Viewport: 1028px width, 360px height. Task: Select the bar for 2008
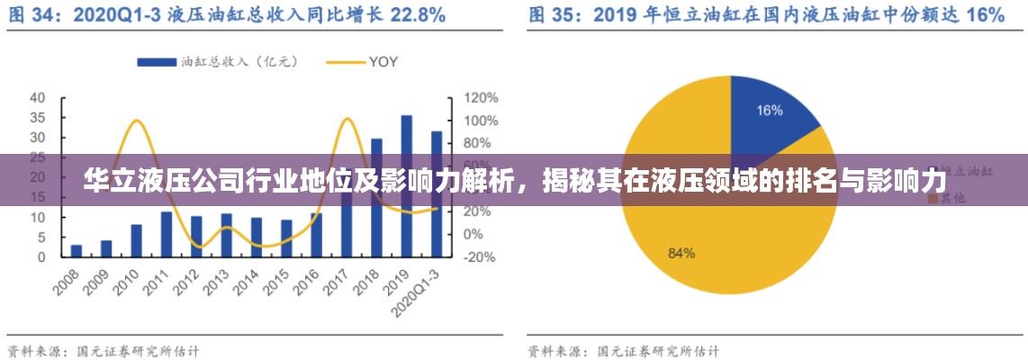point(77,250)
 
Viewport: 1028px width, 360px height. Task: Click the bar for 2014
point(257,237)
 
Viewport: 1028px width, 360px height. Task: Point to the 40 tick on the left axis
point(38,97)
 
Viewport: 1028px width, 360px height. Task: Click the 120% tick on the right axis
point(480,97)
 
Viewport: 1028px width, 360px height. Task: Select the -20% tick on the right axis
point(480,256)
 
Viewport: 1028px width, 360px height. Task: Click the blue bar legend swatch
point(156,62)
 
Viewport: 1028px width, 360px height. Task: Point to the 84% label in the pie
point(681,253)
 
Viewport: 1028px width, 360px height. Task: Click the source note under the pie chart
point(623,350)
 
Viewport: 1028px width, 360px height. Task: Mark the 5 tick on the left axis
point(41,237)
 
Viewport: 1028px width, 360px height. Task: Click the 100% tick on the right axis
point(480,120)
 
